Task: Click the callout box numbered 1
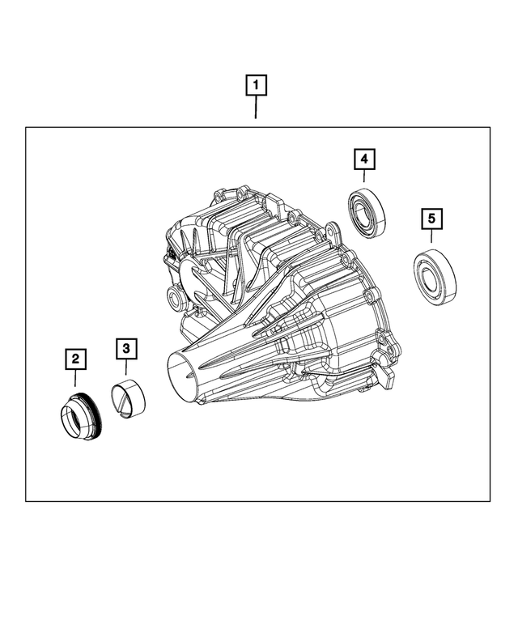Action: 256,84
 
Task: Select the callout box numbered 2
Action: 74,358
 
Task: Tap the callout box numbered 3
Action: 126,348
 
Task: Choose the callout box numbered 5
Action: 431,218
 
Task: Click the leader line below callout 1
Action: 256,107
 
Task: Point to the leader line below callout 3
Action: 126,368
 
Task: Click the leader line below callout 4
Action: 364,177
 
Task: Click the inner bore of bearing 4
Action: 361,209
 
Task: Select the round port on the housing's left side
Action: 175,301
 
